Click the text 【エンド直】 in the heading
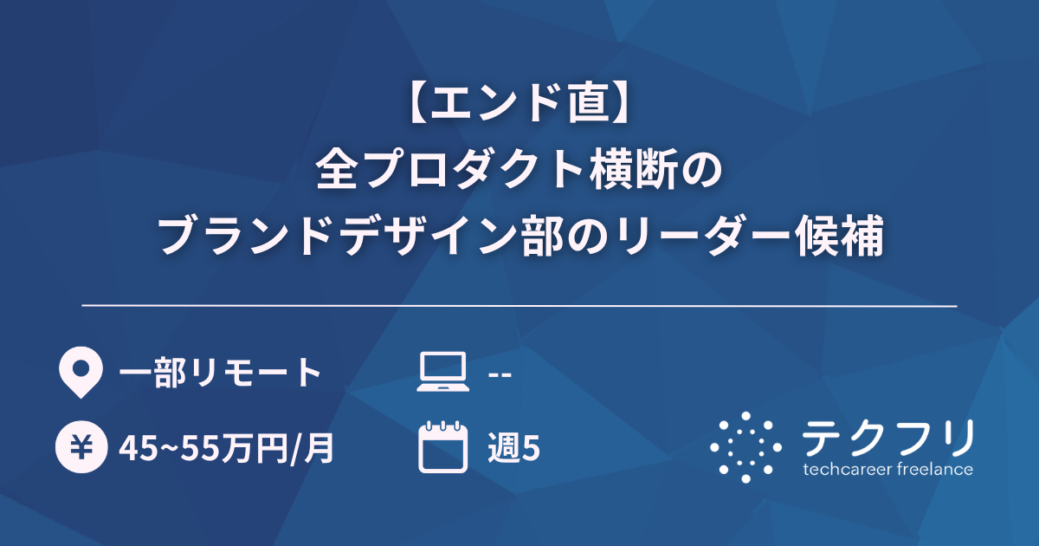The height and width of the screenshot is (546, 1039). [519, 105]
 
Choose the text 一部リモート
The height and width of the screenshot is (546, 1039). [221, 374]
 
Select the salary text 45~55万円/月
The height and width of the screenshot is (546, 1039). [227, 448]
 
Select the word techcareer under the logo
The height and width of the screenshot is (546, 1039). [844, 470]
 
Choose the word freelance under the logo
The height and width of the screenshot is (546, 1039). [932, 470]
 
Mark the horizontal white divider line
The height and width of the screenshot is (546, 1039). [519, 306]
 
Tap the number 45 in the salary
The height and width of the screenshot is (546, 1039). [134, 449]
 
